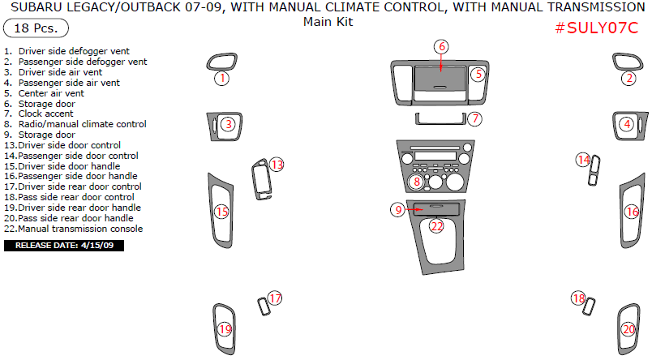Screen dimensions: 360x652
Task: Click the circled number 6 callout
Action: [x=441, y=46]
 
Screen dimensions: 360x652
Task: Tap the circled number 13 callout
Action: [x=277, y=165]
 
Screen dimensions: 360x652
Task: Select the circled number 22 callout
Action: [x=436, y=226]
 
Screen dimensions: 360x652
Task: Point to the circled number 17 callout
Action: [x=275, y=298]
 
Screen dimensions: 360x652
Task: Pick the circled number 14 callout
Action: [x=583, y=160]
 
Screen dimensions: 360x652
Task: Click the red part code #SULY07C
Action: [x=597, y=28]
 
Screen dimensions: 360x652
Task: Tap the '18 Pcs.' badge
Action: [x=31, y=28]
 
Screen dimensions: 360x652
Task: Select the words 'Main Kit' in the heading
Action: [x=328, y=22]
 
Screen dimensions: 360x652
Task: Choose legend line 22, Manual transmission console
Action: [x=74, y=229]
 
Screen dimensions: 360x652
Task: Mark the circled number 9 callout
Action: [x=397, y=209]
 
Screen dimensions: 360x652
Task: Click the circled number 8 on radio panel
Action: [x=416, y=182]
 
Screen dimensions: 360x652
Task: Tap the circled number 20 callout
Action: [x=628, y=330]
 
